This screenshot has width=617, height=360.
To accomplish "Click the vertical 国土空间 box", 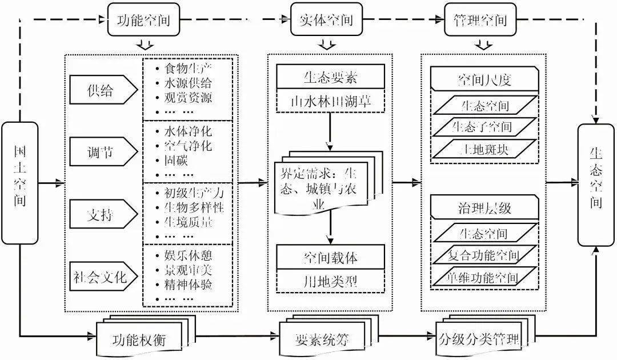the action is [19, 183].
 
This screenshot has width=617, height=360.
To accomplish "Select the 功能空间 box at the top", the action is [143, 19].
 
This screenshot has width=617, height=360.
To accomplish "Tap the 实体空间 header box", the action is [326, 19].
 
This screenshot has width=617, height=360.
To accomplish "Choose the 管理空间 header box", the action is [480, 19].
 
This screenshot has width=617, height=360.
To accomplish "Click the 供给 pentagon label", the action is [103, 90].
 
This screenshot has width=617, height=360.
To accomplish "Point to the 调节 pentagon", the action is [103, 151].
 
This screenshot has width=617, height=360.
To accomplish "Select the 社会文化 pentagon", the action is [103, 276].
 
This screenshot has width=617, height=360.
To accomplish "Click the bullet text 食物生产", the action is [189, 69].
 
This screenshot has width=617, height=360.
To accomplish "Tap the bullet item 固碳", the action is [176, 161].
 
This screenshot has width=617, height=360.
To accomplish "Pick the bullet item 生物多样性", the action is [194, 207].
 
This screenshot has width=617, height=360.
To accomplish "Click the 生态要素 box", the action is [331, 77].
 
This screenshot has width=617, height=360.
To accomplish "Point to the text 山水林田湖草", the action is [331, 101].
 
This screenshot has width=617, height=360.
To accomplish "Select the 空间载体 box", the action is [331, 257].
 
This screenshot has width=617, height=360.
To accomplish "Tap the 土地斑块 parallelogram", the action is [485, 150].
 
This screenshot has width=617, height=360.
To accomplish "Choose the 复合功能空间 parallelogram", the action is [485, 255].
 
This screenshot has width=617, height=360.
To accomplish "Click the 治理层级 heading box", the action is [485, 207].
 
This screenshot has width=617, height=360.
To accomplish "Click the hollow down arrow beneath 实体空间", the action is [326, 43].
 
